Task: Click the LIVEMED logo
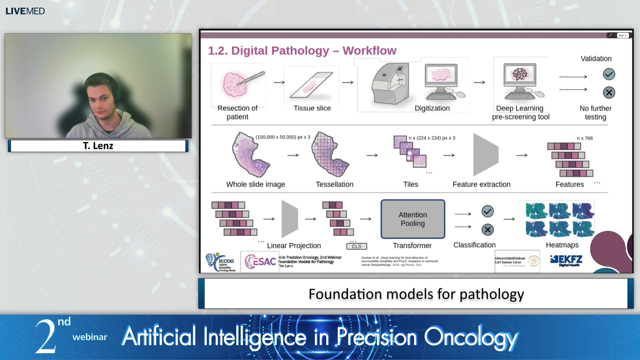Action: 25,11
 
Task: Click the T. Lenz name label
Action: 98,146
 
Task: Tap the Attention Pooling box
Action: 413,219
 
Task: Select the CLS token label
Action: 356,246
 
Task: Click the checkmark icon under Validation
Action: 609,74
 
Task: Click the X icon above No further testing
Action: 609,92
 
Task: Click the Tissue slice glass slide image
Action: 311,85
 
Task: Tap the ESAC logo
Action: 260,262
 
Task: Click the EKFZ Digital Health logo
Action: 566,261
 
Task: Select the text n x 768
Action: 585,138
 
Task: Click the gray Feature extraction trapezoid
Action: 485,155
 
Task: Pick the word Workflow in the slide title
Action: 369,51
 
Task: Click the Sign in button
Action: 623,35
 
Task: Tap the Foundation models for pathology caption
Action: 416,294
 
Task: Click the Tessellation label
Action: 334,184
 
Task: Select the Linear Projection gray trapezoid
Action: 289,219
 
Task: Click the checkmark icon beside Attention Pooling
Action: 487,211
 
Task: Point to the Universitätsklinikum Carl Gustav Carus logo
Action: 517,261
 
